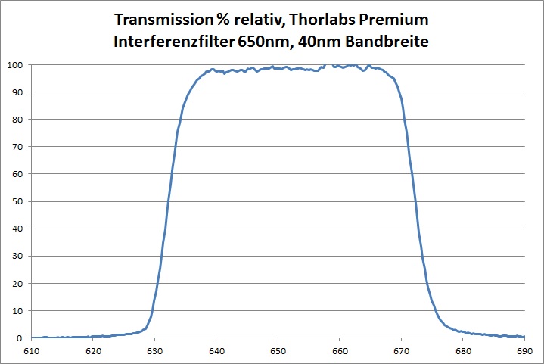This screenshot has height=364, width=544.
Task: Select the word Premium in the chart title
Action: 397,18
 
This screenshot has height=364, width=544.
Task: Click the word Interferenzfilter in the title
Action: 174,42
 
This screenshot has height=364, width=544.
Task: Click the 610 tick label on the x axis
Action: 32,352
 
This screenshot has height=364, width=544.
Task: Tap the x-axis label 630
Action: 154,352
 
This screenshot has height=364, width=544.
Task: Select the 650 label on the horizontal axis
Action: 278,352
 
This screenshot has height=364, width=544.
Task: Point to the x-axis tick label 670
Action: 401,352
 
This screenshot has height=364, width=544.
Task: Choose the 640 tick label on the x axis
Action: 216,352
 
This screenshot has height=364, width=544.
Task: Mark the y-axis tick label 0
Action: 21,338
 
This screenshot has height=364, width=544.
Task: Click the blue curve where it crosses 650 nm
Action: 278,68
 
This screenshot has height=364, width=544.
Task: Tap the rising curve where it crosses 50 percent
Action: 169,201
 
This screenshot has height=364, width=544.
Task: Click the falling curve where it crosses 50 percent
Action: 414,201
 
